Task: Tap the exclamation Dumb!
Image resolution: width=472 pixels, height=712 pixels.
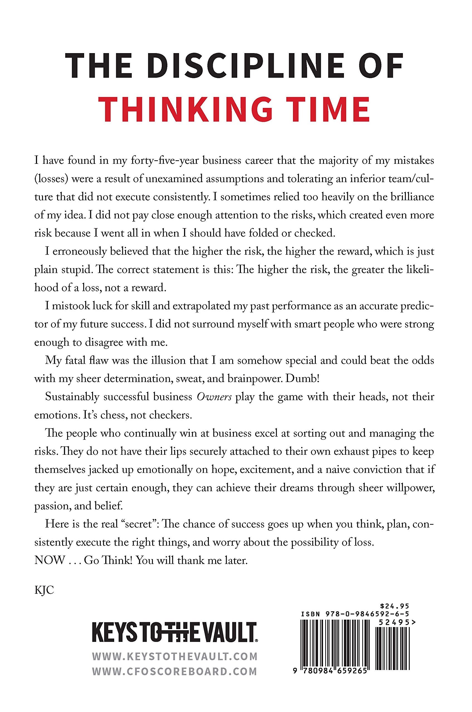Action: tap(301, 379)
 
